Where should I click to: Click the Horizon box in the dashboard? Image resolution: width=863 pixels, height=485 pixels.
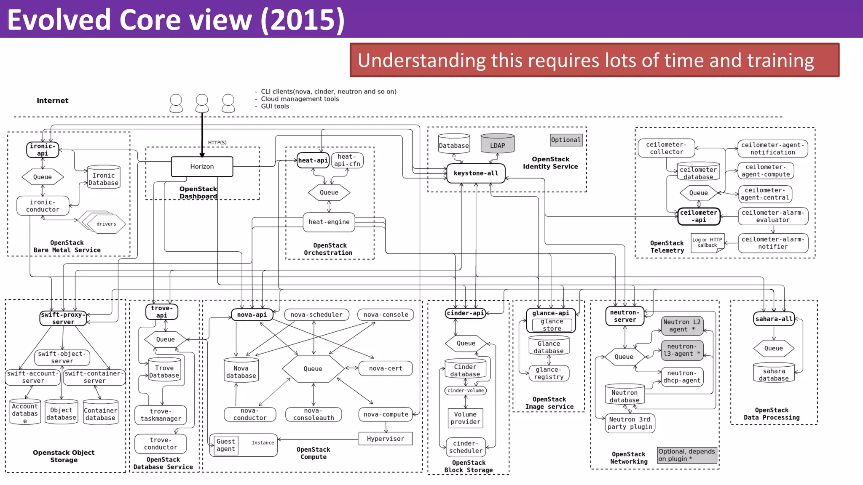pos(202,167)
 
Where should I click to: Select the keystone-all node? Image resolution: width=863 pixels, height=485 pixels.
pos(476,173)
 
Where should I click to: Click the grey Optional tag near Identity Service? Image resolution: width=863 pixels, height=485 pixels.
pos(566,140)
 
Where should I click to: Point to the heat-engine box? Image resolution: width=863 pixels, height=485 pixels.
pos(329,222)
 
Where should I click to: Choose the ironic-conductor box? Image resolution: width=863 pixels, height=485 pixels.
pos(43,206)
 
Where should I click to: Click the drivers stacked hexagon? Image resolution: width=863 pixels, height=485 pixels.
pos(106,224)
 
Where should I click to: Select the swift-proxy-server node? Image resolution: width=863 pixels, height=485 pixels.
pos(63,318)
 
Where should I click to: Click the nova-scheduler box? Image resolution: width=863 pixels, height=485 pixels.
pos(316,314)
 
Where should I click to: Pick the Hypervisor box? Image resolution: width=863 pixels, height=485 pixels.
pos(385,439)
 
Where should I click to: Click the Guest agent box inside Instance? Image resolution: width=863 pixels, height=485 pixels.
pos(226,445)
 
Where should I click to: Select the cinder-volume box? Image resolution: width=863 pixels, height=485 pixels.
pos(465,391)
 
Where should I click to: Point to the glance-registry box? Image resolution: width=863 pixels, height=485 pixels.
pos(549,373)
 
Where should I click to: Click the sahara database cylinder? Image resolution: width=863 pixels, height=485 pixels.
pos(774,373)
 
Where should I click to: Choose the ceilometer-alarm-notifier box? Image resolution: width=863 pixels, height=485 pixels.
pos(773,243)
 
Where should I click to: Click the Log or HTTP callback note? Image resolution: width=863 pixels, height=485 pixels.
pos(707,242)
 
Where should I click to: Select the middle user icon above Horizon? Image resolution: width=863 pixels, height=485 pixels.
pos(202,103)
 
